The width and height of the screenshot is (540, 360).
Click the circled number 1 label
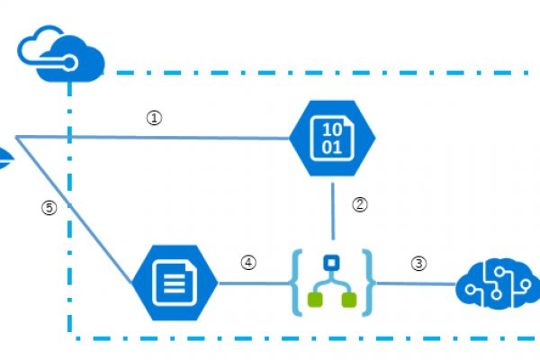[x=154, y=118]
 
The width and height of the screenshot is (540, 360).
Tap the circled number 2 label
[x=360, y=204]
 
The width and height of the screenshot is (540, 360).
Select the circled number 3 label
[x=418, y=264]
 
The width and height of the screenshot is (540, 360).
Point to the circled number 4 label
[x=248, y=263]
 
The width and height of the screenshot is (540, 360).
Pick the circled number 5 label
[x=49, y=208]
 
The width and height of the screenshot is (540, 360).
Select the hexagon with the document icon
[x=175, y=281]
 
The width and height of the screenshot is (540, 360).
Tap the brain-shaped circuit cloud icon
[x=497, y=286]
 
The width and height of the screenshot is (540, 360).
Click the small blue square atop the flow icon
[x=331, y=264]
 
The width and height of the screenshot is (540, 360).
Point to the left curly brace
[x=297, y=283]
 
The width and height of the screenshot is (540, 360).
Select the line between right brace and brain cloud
[x=414, y=283]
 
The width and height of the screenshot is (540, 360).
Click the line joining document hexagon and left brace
[x=252, y=283]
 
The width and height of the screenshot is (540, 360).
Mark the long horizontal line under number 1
[x=162, y=138]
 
